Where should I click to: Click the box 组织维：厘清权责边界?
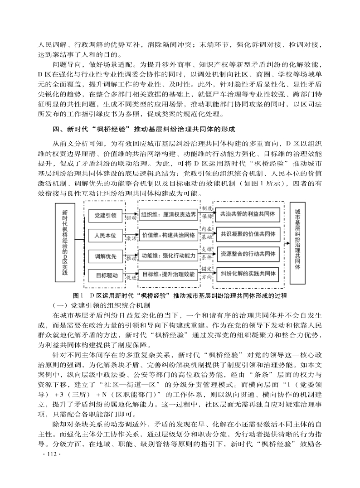(x=168, y=214)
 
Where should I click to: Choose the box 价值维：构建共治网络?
(x=168, y=235)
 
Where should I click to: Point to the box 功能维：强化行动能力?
(x=168, y=256)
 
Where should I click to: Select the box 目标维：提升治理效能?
(x=168, y=275)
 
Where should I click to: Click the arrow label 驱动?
(x=131, y=217)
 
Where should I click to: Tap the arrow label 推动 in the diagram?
(x=131, y=258)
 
